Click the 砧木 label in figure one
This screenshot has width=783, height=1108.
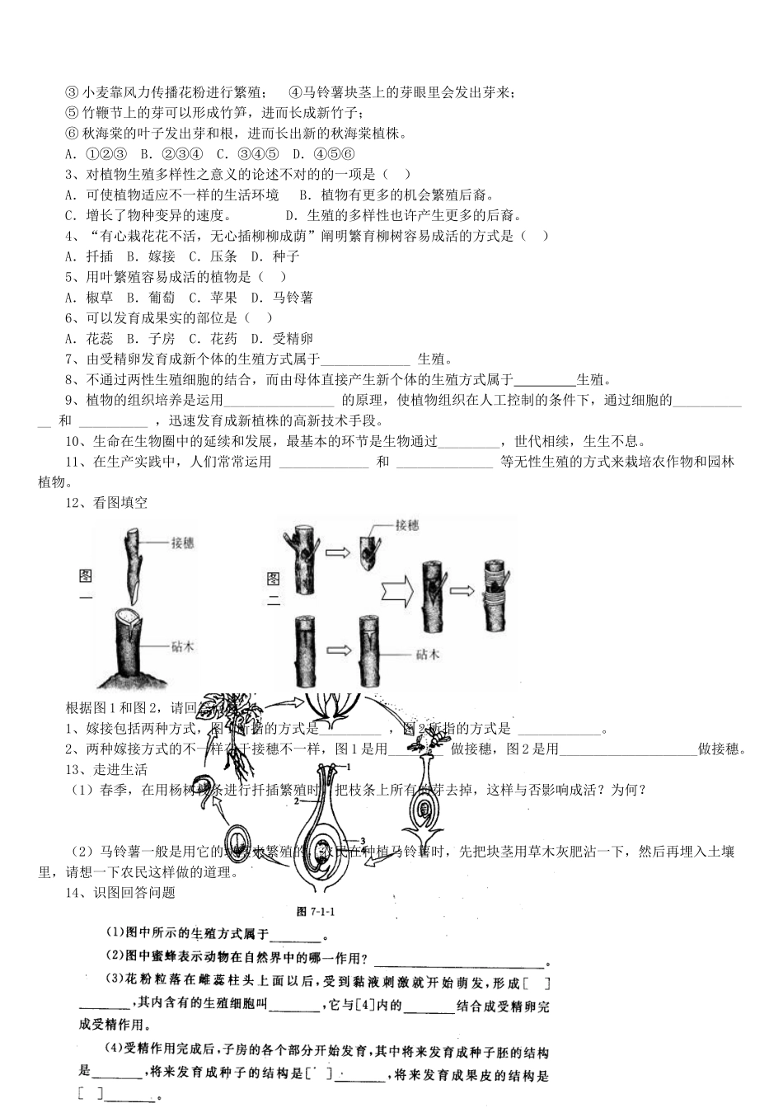[x=183, y=647]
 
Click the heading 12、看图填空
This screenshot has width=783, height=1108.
[x=106, y=503]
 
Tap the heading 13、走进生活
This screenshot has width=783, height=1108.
[x=106, y=770]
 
